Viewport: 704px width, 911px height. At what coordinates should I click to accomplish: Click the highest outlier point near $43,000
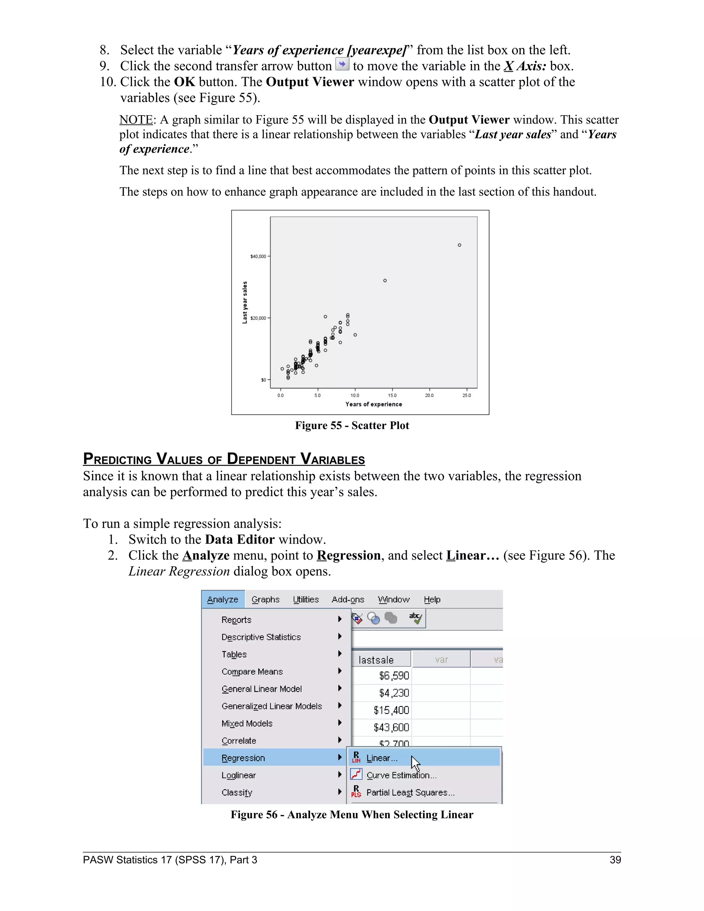[459, 245]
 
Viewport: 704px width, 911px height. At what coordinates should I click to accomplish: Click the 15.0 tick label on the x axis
[392, 395]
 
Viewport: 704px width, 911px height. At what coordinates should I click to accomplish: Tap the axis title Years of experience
[374, 404]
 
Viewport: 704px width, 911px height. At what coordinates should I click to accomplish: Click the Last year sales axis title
[245, 303]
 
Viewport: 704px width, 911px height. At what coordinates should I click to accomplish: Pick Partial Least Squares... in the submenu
[410, 792]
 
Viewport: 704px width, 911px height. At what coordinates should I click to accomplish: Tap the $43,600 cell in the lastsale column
[391, 727]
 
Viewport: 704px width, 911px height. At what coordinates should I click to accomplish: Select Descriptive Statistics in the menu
[261, 637]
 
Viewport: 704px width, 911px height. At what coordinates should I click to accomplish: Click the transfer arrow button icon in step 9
[342, 65]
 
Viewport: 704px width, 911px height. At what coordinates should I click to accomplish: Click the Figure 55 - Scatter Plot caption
[352, 426]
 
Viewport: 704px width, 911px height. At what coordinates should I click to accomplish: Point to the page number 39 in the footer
[615, 860]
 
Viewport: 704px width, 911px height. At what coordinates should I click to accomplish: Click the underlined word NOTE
[136, 120]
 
